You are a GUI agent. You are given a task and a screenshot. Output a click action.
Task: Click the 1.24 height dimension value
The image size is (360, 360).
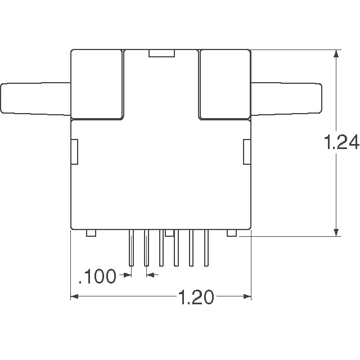pos(342,144)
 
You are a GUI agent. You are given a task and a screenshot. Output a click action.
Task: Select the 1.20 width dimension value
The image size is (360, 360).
pos(196,296)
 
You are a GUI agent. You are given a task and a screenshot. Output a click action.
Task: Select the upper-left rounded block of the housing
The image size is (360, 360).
pos(97,84)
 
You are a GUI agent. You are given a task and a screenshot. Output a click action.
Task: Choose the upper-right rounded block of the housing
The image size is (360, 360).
pos(224,84)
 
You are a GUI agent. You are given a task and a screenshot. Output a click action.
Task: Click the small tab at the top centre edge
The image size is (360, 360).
pos(161,53)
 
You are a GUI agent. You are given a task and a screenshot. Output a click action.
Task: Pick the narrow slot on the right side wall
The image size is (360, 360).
pos(246,152)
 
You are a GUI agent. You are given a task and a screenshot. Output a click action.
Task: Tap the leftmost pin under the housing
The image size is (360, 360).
pos(131,247)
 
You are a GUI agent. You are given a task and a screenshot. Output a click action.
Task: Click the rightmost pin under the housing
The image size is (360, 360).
pos(206,247)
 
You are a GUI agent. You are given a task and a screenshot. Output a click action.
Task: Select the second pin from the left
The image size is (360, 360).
pos(146,247)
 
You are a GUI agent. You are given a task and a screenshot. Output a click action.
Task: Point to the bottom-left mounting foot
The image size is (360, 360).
pos(91,232)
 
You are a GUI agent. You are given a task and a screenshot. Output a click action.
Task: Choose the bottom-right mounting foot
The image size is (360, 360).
pos(231,232)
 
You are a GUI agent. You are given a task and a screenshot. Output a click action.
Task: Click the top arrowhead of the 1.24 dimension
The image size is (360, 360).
pos(336,55)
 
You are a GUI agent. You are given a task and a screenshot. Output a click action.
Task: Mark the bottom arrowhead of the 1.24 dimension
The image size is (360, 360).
pos(336,233)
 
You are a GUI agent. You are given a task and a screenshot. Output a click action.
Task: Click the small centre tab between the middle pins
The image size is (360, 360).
pos(169,232)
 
